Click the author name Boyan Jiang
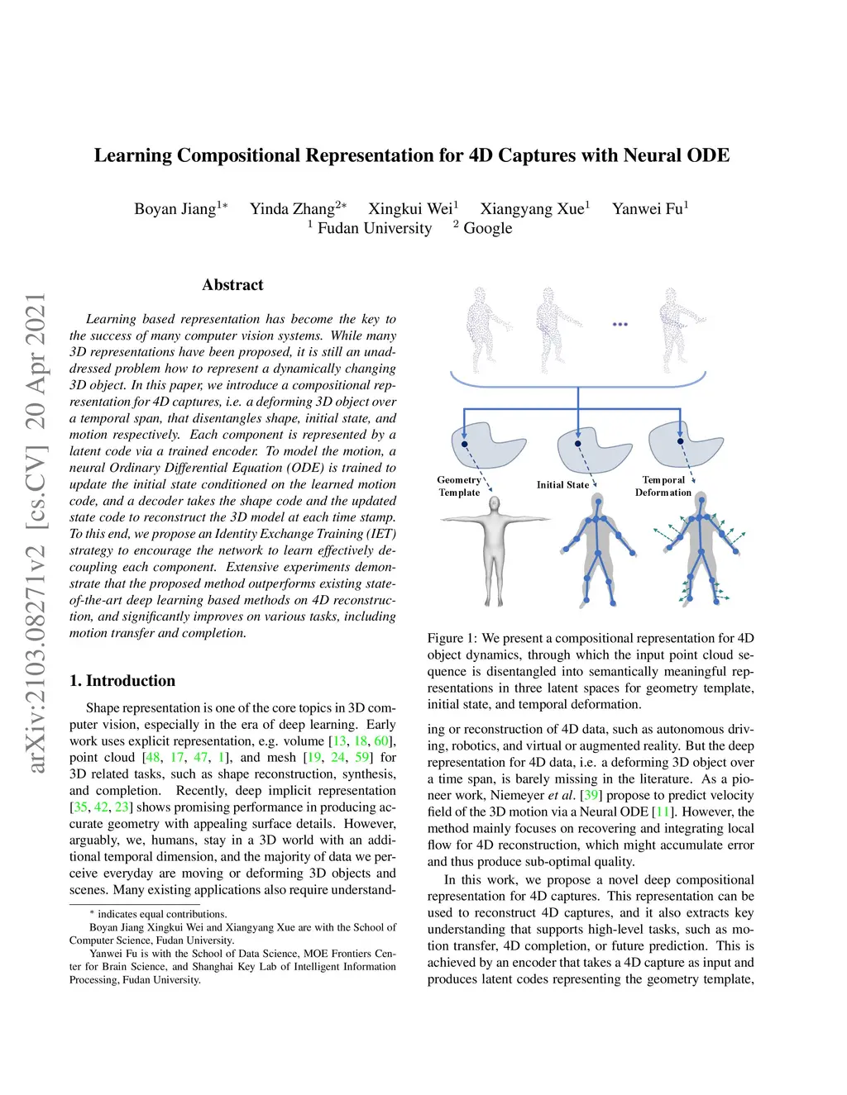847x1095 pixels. [x=175, y=208]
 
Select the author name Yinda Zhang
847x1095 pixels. [x=293, y=208]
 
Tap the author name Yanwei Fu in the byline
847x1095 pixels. [x=648, y=208]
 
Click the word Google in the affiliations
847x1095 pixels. [x=487, y=228]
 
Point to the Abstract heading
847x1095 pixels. [x=232, y=285]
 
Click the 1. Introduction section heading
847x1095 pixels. [x=122, y=680]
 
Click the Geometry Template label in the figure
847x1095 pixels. [x=459, y=486]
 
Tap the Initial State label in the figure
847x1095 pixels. [x=562, y=485]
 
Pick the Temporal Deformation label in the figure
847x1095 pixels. [x=663, y=486]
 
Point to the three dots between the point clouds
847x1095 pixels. [x=620, y=325]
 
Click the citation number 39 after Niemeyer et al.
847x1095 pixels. [x=591, y=795]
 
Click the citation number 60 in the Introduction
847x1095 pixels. [x=381, y=740]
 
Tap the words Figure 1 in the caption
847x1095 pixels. [x=451, y=639]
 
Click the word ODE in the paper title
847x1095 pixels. [x=708, y=155]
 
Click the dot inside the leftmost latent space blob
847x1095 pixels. [x=464, y=444]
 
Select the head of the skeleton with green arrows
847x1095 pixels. [x=701, y=501]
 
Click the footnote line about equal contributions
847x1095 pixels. [x=158, y=914]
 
